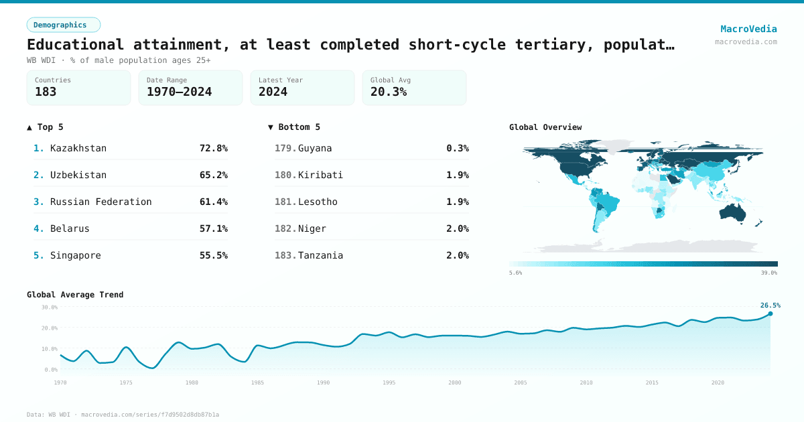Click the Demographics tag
pos(63,25)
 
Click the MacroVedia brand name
pos(748,29)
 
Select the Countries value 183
pos(46,92)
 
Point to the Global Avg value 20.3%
pos(389,92)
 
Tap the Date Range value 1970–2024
pos(179,92)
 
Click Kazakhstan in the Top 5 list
pos(78,148)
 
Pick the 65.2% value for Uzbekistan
pos(213,175)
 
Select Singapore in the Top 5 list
pos(76,255)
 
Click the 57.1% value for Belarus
pos(213,228)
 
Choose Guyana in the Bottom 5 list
pos(315,148)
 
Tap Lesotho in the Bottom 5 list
pos(318,202)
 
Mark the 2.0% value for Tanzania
pos(458,255)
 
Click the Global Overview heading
pos(545,127)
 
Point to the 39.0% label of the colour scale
pos(769,273)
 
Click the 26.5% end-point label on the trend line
pos(770,305)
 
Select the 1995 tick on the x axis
pos(389,382)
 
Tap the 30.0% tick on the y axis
pos(50,307)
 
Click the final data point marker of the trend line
pos(770,313)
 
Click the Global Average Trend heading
pos(75,295)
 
